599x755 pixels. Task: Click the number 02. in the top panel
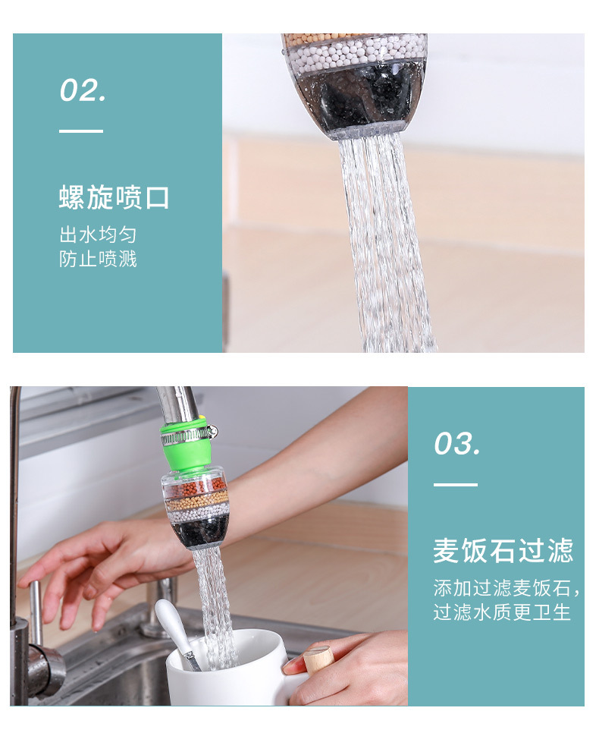(83, 91)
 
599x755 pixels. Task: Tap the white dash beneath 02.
(81, 131)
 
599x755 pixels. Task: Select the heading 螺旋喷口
(114, 198)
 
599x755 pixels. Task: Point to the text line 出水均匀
(98, 234)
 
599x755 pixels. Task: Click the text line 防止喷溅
(98, 259)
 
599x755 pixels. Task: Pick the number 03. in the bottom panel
(456, 444)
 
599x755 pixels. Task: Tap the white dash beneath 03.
(455, 485)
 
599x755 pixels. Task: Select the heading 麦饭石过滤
(503, 551)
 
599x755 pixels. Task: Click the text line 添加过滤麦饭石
(506, 588)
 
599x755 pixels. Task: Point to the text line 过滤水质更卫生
(501, 612)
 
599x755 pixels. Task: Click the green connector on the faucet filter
(187, 451)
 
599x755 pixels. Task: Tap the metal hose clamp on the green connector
(188, 434)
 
